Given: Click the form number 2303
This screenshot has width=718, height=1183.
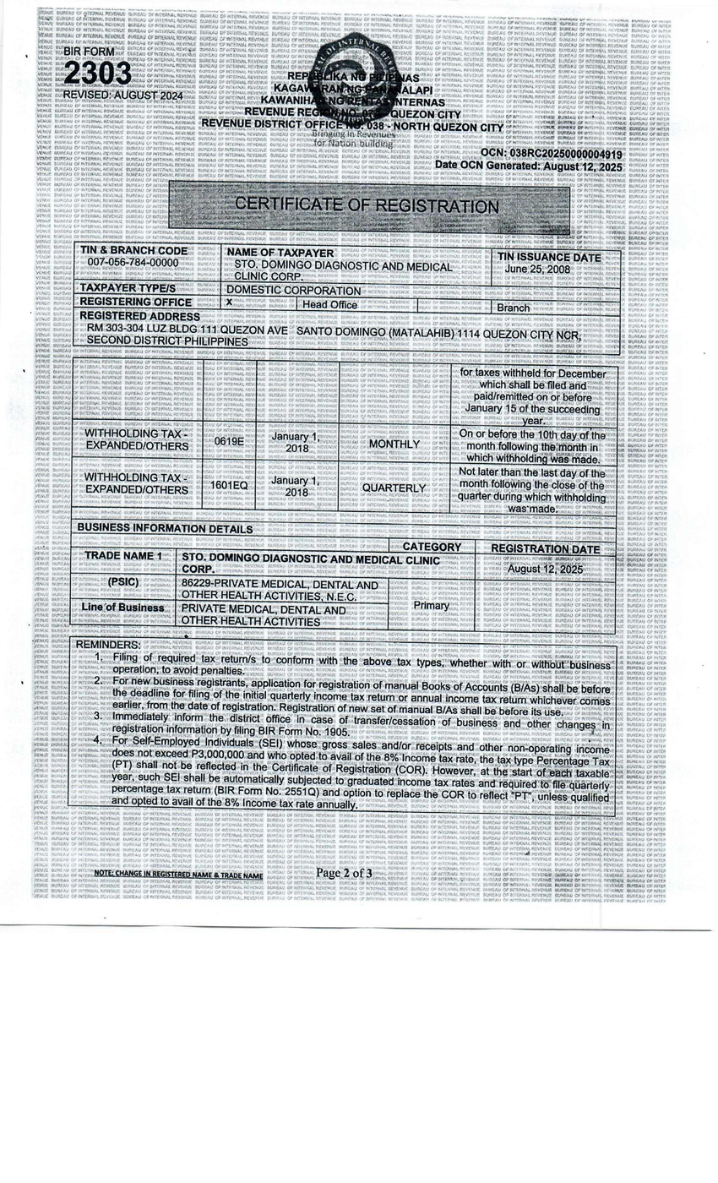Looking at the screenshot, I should (x=97, y=74).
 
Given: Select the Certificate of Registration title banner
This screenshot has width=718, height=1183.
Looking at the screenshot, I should (x=367, y=205).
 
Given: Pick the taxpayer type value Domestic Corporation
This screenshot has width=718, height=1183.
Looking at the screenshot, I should (x=294, y=291).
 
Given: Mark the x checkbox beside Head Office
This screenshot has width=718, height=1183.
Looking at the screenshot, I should (x=229, y=303).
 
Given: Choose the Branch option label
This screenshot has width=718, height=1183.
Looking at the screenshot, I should (x=514, y=308).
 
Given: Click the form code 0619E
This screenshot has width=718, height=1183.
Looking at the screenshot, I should (x=228, y=441).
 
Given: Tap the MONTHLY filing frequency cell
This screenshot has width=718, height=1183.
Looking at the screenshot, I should (x=394, y=444).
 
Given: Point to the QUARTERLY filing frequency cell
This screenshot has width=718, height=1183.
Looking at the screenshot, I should (x=394, y=488).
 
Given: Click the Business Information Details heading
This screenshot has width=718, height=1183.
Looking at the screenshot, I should (x=165, y=529).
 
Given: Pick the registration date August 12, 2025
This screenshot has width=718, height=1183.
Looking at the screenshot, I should (x=545, y=570).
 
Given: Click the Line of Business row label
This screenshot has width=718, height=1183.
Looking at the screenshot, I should (x=122, y=608).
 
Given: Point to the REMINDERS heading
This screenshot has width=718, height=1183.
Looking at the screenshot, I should (x=108, y=645).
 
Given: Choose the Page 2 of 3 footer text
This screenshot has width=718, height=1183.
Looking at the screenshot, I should (x=344, y=873).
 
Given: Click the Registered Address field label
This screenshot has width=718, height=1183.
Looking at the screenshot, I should (x=139, y=317).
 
